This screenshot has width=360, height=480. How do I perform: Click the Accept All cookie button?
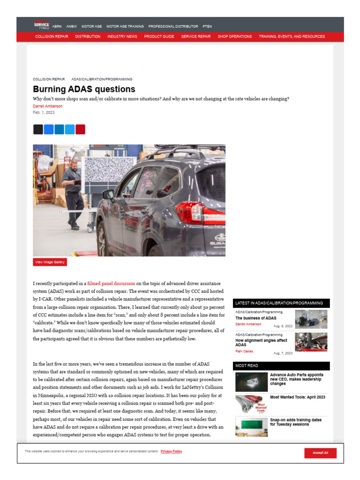click(x=320, y=453)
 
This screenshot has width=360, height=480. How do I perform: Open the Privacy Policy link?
click(x=171, y=451)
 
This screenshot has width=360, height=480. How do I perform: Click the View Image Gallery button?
click(x=50, y=262)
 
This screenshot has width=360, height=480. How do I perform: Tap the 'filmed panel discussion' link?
click(x=111, y=284)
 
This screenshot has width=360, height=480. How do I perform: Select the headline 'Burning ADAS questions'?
click(x=84, y=89)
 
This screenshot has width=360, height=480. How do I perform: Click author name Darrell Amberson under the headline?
click(x=47, y=106)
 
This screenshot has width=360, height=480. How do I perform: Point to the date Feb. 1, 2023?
click(x=44, y=113)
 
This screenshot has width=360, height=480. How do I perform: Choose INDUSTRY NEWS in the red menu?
click(x=122, y=37)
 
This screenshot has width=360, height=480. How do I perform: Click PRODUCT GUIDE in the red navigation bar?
click(x=159, y=37)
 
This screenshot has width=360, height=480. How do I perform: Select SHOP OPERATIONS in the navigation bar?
click(x=234, y=37)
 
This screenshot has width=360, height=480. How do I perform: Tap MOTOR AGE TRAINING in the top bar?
click(x=125, y=27)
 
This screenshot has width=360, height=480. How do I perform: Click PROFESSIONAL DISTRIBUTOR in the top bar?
click(x=173, y=27)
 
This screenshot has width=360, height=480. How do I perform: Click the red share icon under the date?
click(x=80, y=129)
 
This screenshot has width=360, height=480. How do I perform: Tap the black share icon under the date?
click(x=38, y=129)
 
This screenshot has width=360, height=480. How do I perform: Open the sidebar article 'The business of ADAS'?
click(x=255, y=318)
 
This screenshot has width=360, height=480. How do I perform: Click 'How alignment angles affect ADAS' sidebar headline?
click(x=262, y=343)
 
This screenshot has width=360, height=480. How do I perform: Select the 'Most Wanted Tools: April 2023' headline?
click(x=298, y=397)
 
